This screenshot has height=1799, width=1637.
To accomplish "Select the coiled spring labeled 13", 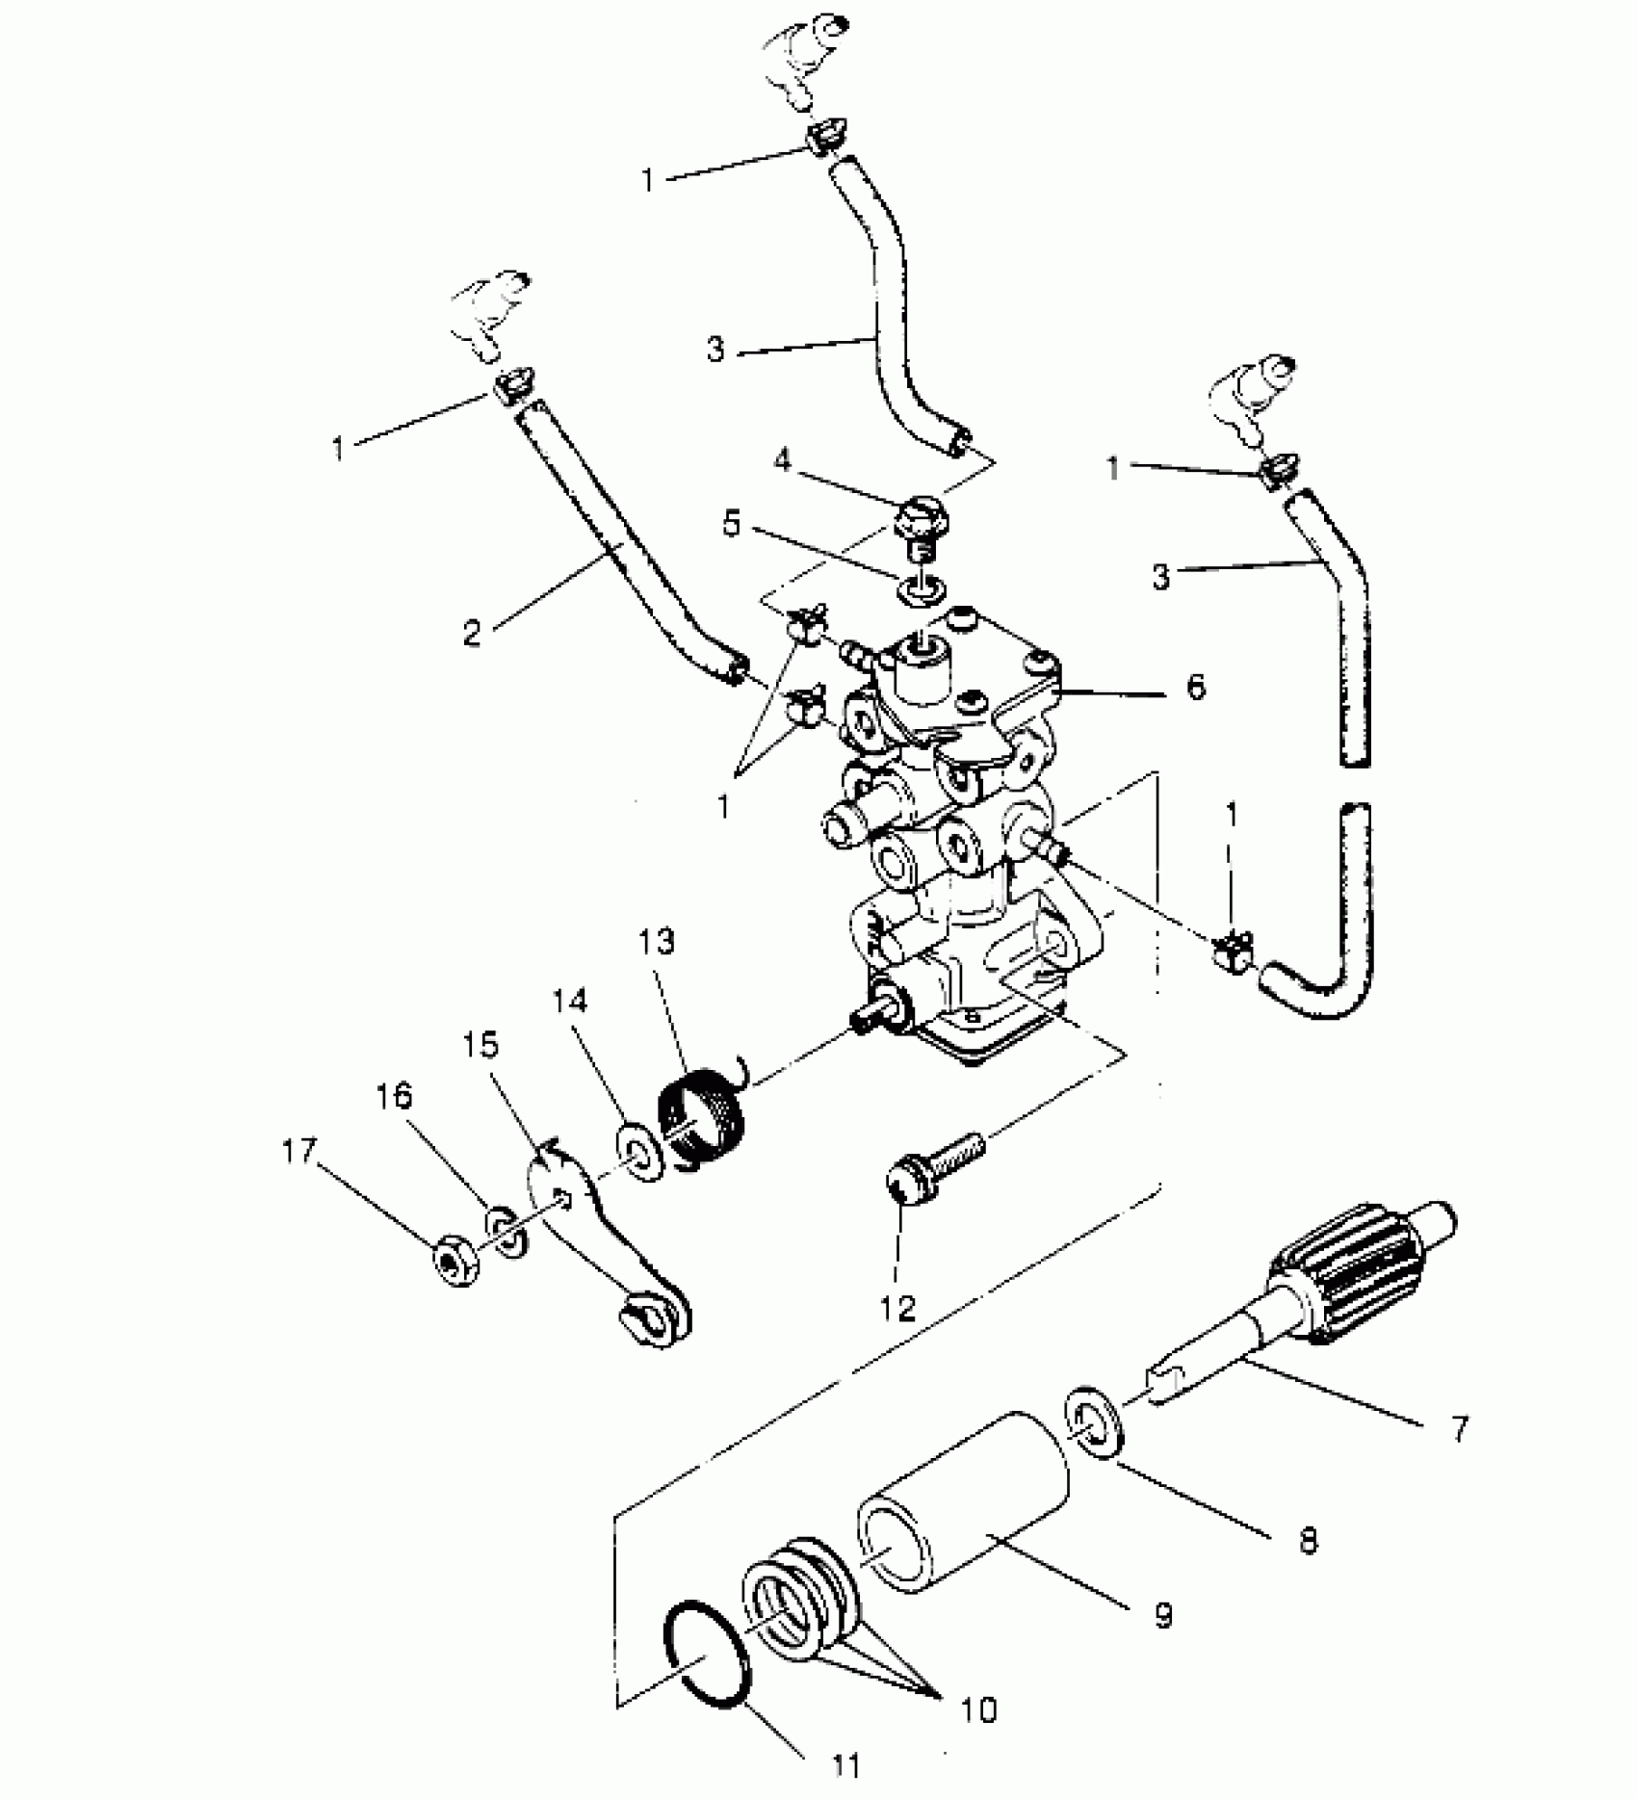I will pos(703,1120).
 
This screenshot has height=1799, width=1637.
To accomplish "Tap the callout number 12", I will pos(898,1309).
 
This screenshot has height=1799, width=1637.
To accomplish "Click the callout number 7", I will pos(1459,1428).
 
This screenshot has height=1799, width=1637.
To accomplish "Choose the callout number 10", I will pos(977,1709).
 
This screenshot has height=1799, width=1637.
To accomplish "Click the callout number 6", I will pos(1195,687).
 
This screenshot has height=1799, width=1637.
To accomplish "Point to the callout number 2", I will pos(471,634).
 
